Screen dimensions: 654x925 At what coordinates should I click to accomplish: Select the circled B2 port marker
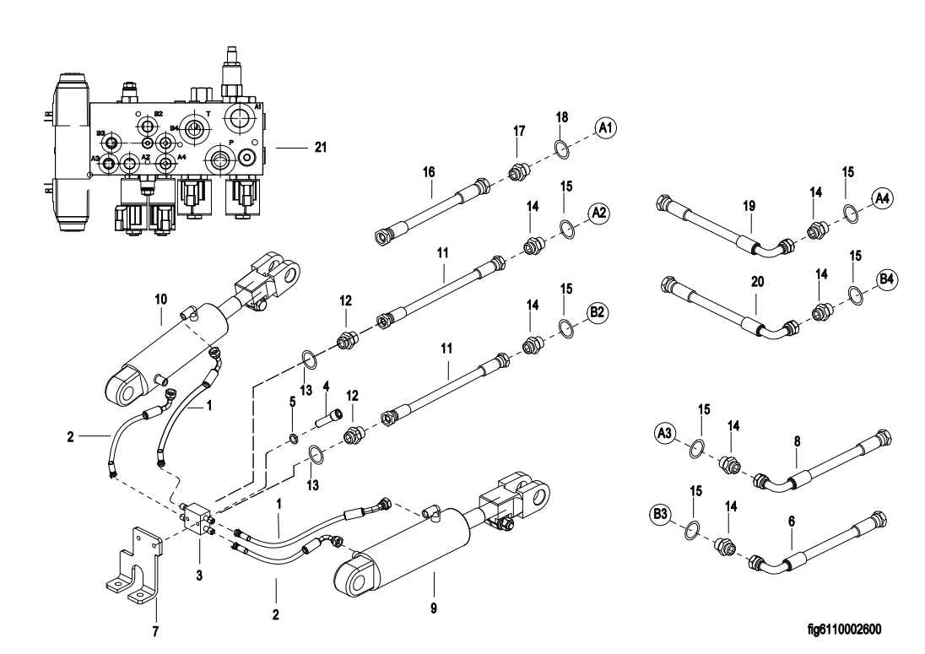[598, 313]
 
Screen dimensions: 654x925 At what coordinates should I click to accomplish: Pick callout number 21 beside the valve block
[319, 147]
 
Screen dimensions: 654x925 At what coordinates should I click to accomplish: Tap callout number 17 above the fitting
[519, 131]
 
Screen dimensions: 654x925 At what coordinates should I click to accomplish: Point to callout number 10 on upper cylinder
[162, 298]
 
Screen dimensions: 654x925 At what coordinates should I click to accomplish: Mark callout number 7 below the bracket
[154, 630]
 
